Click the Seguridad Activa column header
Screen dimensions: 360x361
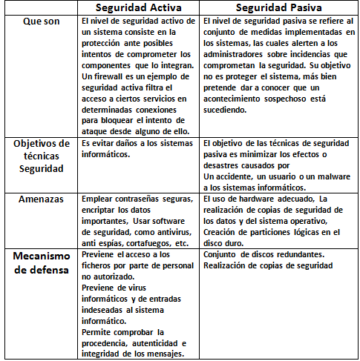coord(138,7)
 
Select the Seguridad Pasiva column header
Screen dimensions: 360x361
coord(277,7)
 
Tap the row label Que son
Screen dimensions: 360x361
coord(41,21)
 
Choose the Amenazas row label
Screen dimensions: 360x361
coord(41,200)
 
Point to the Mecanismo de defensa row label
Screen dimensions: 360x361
coord(41,262)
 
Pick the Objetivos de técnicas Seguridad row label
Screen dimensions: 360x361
coord(41,156)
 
